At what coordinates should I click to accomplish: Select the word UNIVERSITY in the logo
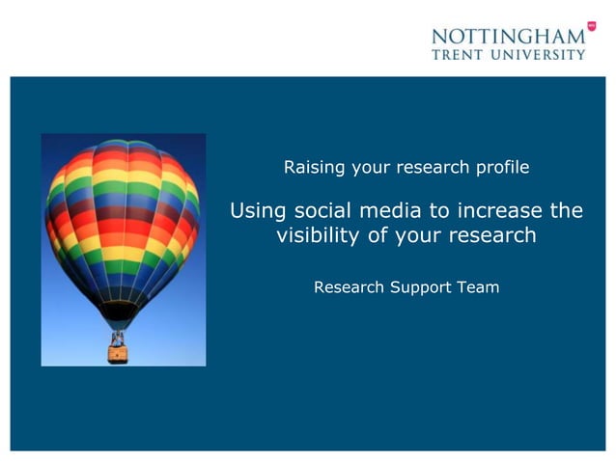(x=540, y=54)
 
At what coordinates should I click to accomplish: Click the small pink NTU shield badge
(x=591, y=27)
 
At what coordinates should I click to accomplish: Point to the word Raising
(x=314, y=168)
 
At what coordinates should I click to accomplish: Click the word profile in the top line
(x=502, y=168)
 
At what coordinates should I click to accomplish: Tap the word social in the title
(x=321, y=209)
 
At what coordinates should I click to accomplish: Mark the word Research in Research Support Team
(x=350, y=286)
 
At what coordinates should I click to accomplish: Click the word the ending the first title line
(x=566, y=209)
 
